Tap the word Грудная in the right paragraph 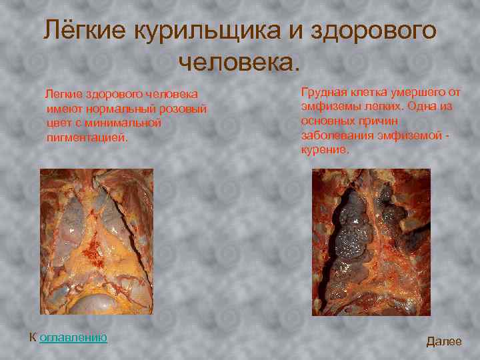pos(323,91)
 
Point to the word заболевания pos(333,135)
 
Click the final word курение pos(325,149)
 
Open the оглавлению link pos(73,337)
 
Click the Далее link pos(443,341)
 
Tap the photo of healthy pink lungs pos(97,241)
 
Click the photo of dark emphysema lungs pos(371,242)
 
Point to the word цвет pos(59,123)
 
